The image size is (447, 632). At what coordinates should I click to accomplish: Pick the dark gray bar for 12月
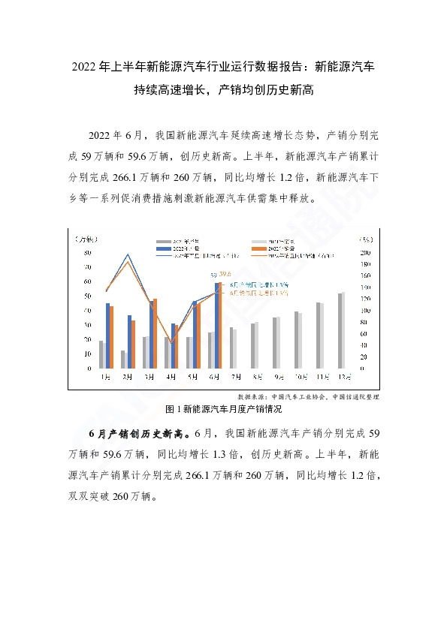(340, 330)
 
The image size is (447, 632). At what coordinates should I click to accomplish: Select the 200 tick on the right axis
(366, 252)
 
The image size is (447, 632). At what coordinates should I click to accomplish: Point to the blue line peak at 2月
(128, 254)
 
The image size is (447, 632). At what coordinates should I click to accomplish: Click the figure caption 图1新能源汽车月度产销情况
(223, 409)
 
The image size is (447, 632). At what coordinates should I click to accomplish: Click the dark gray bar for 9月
(275, 343)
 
